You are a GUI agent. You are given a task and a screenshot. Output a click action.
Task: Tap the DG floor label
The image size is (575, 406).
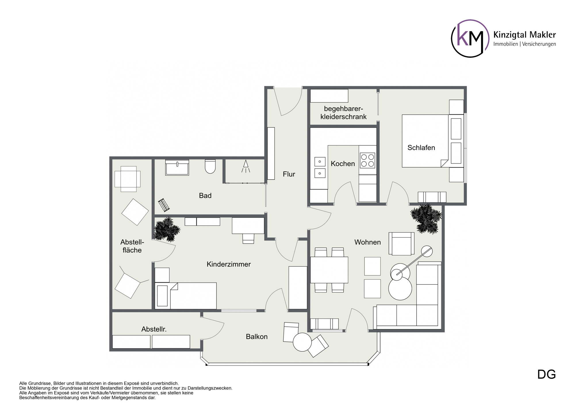[547, 374]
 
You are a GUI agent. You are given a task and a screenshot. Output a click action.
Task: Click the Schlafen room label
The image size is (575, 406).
[421, 148]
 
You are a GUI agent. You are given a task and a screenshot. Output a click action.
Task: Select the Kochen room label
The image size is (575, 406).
[343, 164]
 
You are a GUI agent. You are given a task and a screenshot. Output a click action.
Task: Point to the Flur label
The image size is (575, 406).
[289, 174]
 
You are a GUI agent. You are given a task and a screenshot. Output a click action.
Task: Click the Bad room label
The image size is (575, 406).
[205, 196]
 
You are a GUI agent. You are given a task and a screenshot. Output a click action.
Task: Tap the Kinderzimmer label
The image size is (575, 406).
[229, 264]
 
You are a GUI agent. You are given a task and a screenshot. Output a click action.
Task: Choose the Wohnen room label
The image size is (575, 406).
[367, 242]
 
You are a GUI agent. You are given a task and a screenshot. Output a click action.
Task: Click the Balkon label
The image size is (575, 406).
[257, 337]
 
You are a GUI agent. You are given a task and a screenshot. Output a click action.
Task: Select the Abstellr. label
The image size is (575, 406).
[154, 329]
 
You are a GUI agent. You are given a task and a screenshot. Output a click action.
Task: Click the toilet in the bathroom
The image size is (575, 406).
[210, 166]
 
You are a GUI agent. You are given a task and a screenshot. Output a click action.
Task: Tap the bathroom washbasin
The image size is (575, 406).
[177, 168]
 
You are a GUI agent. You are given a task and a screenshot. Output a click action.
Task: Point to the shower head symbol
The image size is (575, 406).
[246, 166]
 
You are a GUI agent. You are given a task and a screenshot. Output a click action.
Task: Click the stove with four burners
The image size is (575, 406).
[367, 161]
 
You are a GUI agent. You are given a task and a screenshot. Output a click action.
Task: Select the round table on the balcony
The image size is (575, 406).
[302, 342]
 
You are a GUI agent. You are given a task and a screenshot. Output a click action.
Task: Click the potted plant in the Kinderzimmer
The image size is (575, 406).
[167, 229]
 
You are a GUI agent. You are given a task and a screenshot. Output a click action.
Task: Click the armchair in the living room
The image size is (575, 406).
[401, 243]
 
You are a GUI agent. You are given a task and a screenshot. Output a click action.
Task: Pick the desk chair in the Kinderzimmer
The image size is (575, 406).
[248, 238]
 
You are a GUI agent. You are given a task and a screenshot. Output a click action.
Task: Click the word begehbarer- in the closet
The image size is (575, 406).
[344, 109]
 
